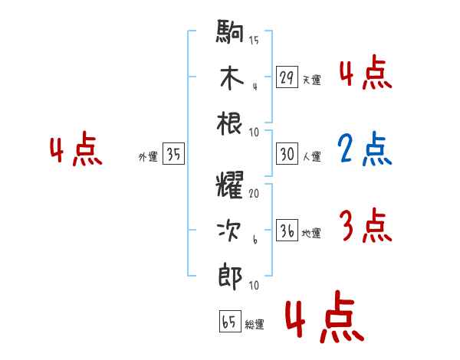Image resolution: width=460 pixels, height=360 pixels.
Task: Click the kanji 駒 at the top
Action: click(230, 34)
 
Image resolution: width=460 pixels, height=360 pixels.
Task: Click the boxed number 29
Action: click(287, 77)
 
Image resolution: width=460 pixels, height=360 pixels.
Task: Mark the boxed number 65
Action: click(228, 322)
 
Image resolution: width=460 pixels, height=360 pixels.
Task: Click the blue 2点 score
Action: click(365, 150)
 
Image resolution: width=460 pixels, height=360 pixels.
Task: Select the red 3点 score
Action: click(365, 227)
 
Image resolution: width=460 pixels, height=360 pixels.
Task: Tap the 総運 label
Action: click(255, 325)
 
